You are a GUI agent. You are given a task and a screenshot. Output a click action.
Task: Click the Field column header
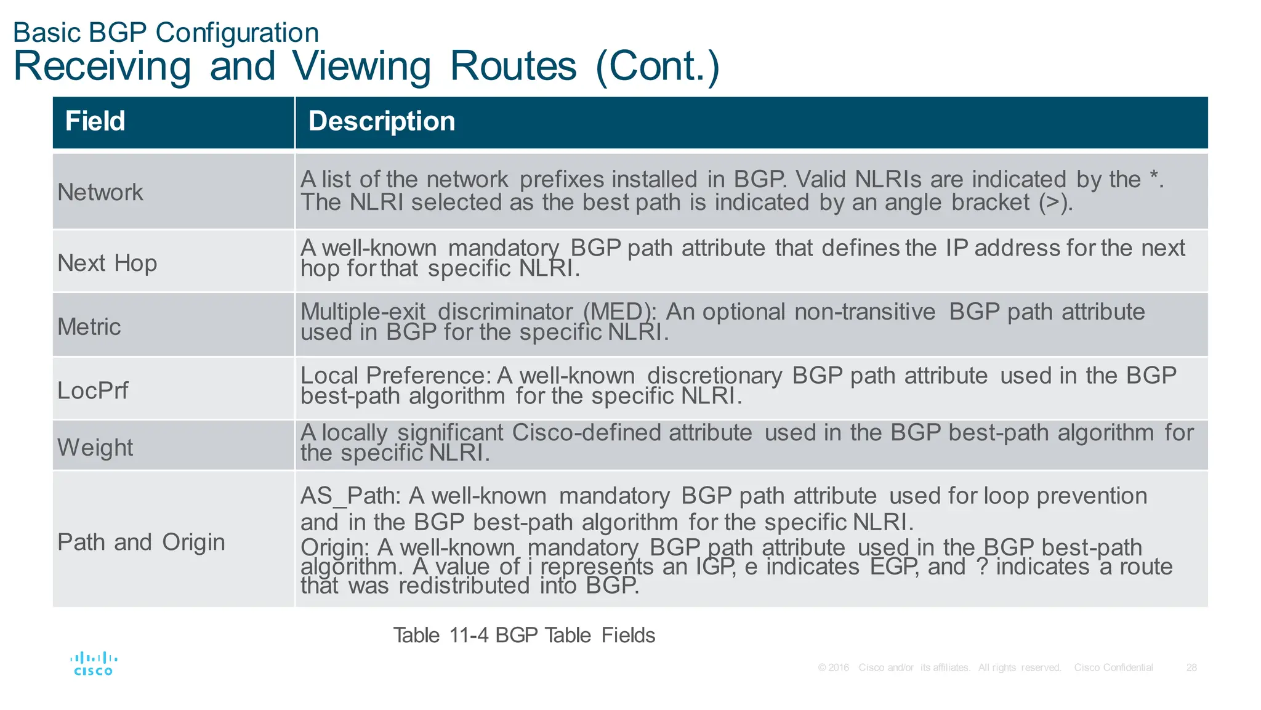click(x=95, y=121)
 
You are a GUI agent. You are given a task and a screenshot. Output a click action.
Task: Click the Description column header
click(x=381, y=121)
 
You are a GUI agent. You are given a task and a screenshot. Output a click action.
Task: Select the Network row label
click(x=100, y=192)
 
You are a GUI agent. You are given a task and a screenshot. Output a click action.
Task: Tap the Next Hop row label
click(x=107, y=263)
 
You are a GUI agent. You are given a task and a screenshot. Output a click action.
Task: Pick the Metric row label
click(x=89, y=326)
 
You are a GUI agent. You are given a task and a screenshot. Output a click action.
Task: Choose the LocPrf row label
click(x=93, y=390)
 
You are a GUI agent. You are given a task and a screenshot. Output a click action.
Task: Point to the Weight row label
click(x=95, y=447)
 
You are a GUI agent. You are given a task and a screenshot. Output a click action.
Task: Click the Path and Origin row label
click(x=141, y=542)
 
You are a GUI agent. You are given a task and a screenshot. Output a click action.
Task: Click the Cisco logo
click(x=94, y=664)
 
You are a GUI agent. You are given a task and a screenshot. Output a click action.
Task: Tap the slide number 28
click(x=1191, y=668)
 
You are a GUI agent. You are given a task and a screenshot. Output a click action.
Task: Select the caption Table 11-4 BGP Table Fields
click(x=524, y=635)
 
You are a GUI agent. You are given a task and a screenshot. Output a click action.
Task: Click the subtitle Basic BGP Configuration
click(x=166, y=33)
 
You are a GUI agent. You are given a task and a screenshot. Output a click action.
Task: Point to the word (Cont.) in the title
click(x=658, y=66)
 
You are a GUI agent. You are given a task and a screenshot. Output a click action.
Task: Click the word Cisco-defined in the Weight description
click(x=632, y=432)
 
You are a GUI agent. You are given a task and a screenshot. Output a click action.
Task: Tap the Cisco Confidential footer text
click(x=1113, y=668)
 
